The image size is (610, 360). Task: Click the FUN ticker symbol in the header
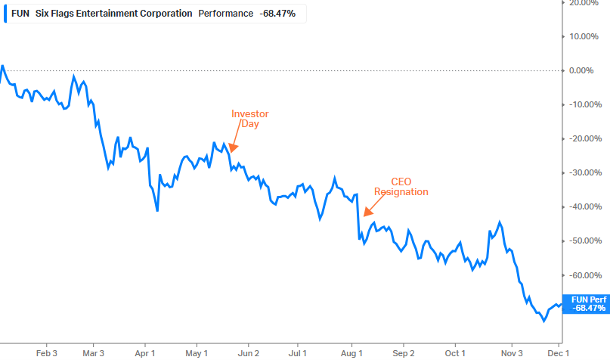coord(20,14)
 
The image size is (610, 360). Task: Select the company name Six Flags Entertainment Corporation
coord(113,14)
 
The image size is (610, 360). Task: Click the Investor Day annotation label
coord(249,119)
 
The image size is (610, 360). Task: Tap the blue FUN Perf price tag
coord(587,304)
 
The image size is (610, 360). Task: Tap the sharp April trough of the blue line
coord(157,210)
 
